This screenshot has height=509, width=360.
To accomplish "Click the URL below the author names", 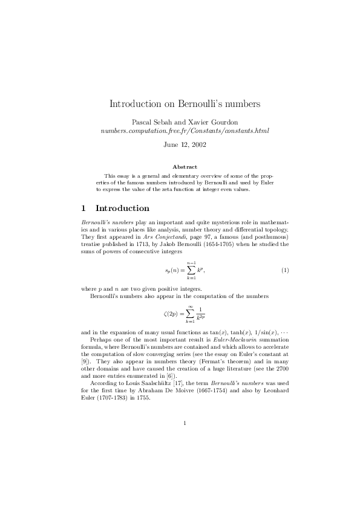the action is pyautogui.click(x=185, y=130).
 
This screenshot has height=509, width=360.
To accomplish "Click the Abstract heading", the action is pyautogui.click(x=185, y=166).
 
